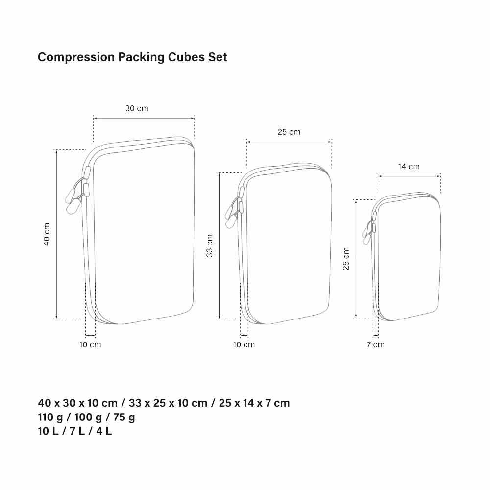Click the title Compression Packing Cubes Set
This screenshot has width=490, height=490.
pyautogui.click(x=132, y=57)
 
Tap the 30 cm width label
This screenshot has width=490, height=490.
pyautogui.click(x=137, y=108)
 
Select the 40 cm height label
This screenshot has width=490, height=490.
pyautogui.click(x=47, y=234)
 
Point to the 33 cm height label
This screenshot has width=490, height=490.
pyautogui.click(x=209, y=245)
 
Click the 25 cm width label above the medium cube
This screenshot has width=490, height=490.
pyautogui.click(x=289, y=132)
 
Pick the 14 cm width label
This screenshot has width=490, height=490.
pyautogui.click(x=409, y=166)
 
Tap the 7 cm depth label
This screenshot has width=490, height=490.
pyautogui.click(x=376, y=344)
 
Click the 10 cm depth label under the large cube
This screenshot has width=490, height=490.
pyautogui.click(x=90, y=344)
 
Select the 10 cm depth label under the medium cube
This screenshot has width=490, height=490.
pyautogui.click(x=244, y=344)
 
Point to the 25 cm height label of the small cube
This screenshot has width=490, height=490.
pyautogui.click(x=346, y=258)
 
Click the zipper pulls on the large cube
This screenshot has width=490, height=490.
pyautogui.click(x=78, y=191)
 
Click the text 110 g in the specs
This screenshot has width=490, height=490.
pyautogui.click(x=50, y=417)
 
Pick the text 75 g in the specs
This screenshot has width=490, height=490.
pyautogui.click(x=124, y=417)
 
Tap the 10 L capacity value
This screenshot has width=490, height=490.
pyautogui.click(x=48, y=431)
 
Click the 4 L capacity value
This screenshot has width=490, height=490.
pyautogui.click(x=104, y=431)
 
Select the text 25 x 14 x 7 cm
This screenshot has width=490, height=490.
pyautogui.click(x=254, y=403)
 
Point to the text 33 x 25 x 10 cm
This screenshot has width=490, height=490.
pyautogui.click(x=168, y=403)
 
